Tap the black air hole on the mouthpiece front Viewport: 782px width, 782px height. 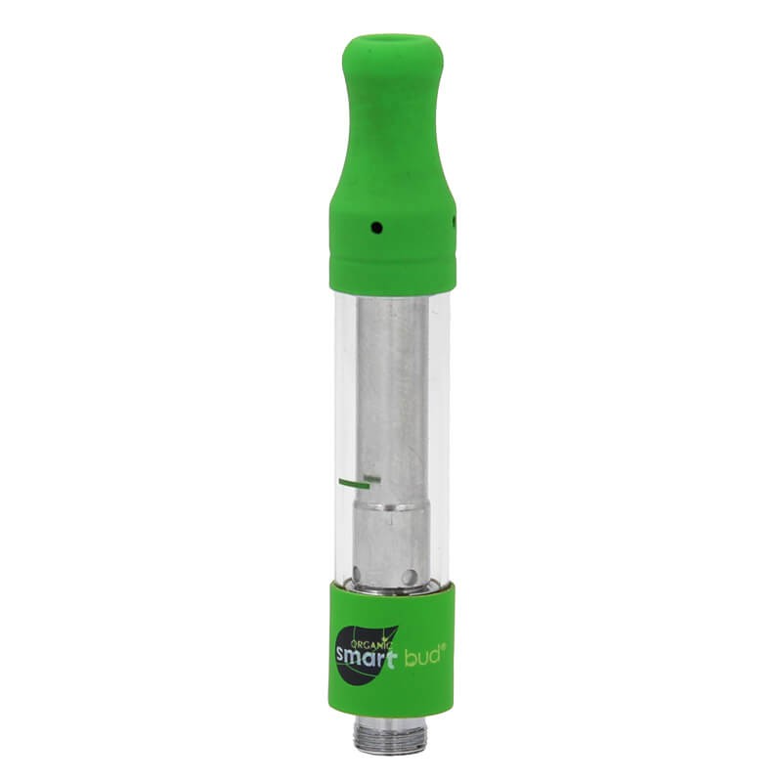(377, 229)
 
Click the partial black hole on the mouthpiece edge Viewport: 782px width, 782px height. (454, 221)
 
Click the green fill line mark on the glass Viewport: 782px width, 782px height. (354, 482)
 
